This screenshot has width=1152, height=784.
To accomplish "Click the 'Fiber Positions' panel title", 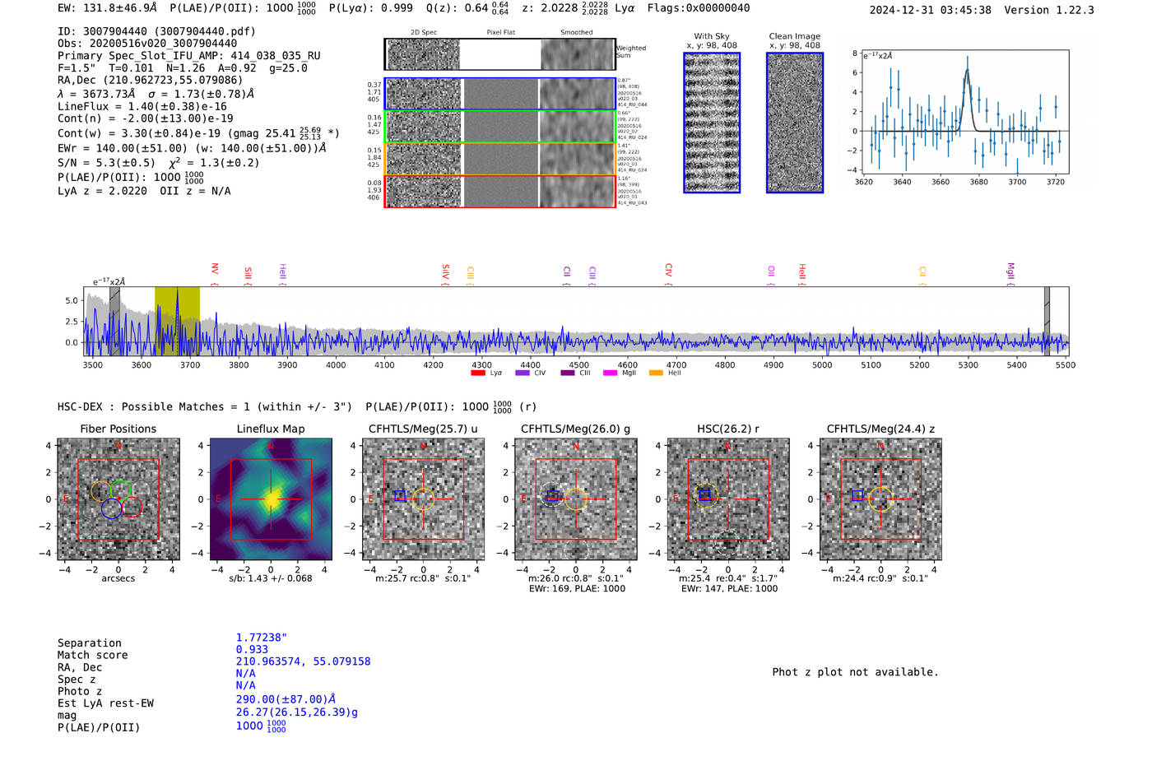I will (118, 429).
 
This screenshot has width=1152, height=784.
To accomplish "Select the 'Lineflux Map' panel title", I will (270, 429).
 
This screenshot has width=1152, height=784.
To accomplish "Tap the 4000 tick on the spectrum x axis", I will (336, 364).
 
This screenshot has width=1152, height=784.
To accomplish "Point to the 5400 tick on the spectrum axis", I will (1016, 364).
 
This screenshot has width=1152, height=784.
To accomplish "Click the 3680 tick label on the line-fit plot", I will (978, 182).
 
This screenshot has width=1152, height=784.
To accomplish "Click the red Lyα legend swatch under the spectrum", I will (477, 373).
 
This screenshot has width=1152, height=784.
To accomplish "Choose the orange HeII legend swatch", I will (656, 373).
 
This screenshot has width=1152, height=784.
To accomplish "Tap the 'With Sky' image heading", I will (712, 36).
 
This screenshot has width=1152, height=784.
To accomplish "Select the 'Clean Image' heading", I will (794, 36).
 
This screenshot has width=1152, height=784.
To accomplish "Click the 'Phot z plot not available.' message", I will (855, 672).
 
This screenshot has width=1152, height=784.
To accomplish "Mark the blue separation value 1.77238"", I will (261, 638).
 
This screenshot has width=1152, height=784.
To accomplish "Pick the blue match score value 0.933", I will (252, 649).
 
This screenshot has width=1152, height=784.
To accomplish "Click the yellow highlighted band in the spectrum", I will (177, 320).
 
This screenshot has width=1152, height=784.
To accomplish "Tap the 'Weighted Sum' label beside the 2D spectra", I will (630, 52).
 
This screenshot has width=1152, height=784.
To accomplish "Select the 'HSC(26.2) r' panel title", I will (728, 429).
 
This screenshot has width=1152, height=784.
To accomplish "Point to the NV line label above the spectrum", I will (215, 269).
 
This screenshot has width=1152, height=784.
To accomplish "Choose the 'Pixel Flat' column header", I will (500, 33).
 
